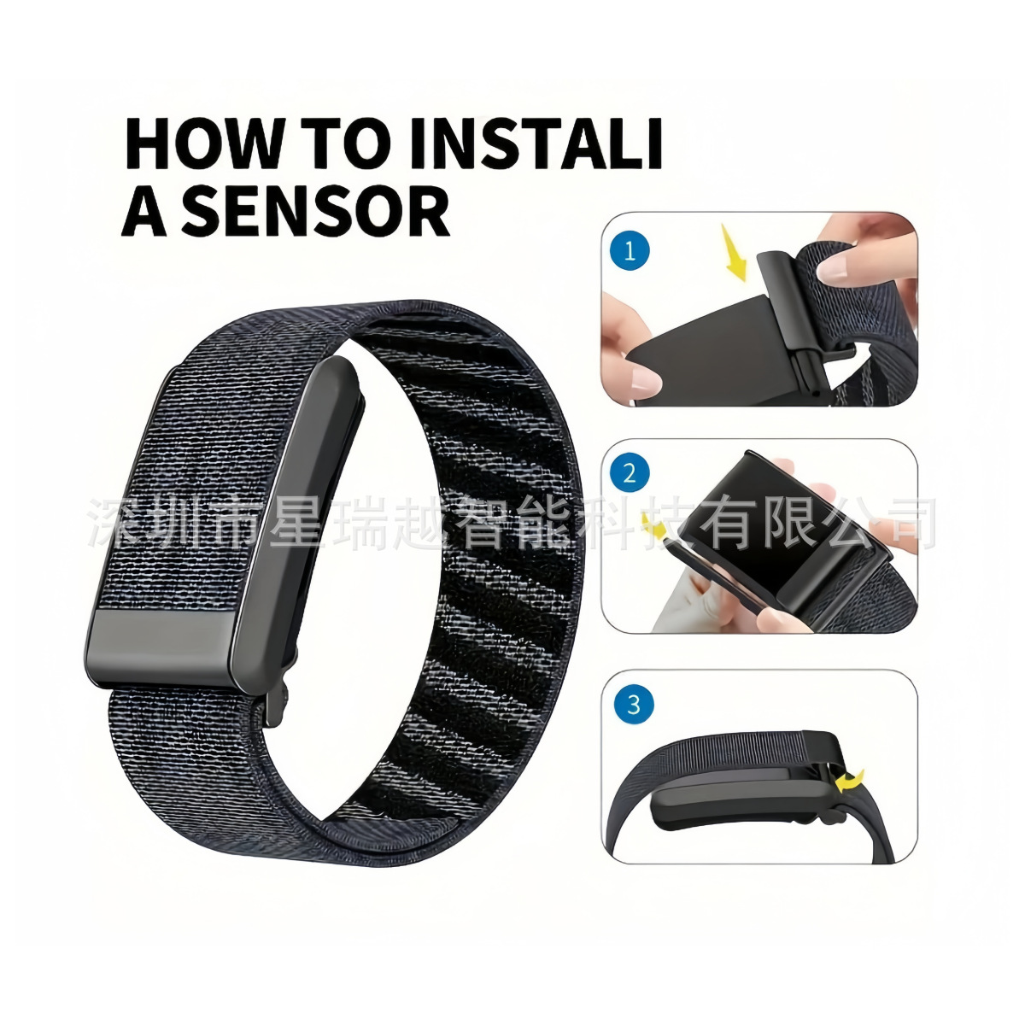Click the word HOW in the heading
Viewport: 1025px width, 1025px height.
click(x=202, y=144)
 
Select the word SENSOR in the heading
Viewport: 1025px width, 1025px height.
click(x=317, y=211)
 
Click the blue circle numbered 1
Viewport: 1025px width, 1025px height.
click(x=630, y=250)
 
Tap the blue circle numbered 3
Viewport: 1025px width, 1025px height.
click(x=634, y=706)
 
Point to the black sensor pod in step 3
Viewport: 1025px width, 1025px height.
click(x=742, y=798)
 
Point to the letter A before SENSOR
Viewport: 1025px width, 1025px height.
click(x=144, y=211)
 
